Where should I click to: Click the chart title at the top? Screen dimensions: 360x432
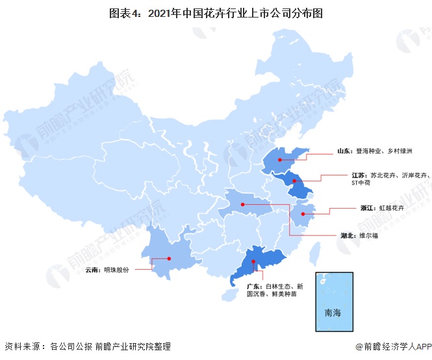(x=216, y=12)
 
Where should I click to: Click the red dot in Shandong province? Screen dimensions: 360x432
(x=279, y=160)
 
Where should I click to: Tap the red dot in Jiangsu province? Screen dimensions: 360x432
(x=294, y=181)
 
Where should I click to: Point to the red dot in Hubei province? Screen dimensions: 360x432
(x=243, y=205)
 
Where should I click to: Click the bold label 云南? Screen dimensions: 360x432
(x=93, y=268)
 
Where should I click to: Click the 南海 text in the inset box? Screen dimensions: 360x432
(x=333, y=313)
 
